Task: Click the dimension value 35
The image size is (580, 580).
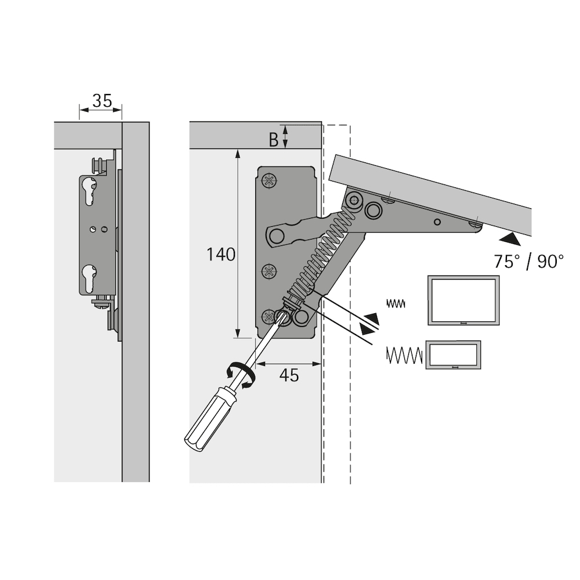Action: click(102, 100)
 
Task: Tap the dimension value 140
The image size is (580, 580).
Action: click(220, 255)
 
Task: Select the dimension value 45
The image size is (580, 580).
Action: click(289, 375)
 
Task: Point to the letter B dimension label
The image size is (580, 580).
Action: click(273, 140)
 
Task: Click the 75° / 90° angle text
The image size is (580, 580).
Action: click(528, 262)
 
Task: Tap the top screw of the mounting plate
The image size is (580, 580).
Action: click(269, 181)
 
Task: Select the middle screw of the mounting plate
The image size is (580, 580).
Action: click(269, 272)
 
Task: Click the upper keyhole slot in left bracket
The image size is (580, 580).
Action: click(90, 190)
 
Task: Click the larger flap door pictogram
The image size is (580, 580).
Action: click(463, 300)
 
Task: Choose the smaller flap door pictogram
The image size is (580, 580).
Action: click(453, 355)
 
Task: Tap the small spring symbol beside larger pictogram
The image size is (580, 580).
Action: click(396, 304)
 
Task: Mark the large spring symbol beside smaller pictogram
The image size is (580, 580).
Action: click(404, 355)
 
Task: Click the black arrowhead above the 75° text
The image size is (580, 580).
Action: click(511, 240)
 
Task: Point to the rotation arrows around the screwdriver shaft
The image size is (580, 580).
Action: click(241, 375)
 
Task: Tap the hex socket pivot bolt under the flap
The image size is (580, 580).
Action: click(354, 201)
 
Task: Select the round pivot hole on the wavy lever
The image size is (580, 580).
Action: click(277, 235)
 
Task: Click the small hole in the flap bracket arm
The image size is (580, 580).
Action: click(437, 222)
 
